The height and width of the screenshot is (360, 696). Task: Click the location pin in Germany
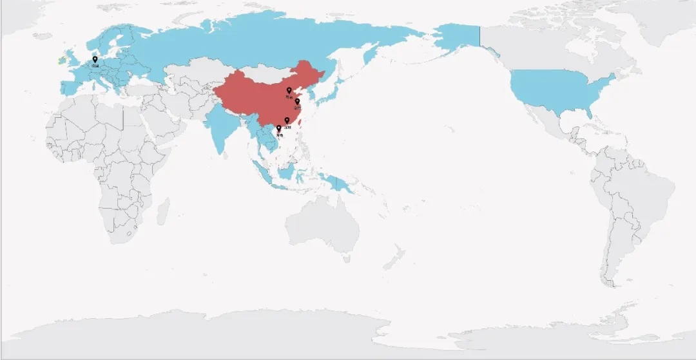tap(95, 59)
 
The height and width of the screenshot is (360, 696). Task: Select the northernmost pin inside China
tap(289, 90)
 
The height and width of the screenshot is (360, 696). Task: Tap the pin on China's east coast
tap(297, 101)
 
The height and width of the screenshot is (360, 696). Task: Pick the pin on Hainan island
tap(278, 128)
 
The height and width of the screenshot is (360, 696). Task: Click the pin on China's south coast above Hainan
tap(287, 120)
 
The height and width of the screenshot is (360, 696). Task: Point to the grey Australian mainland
tap(322, 225)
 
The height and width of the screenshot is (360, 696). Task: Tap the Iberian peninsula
tap(66, 87)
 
